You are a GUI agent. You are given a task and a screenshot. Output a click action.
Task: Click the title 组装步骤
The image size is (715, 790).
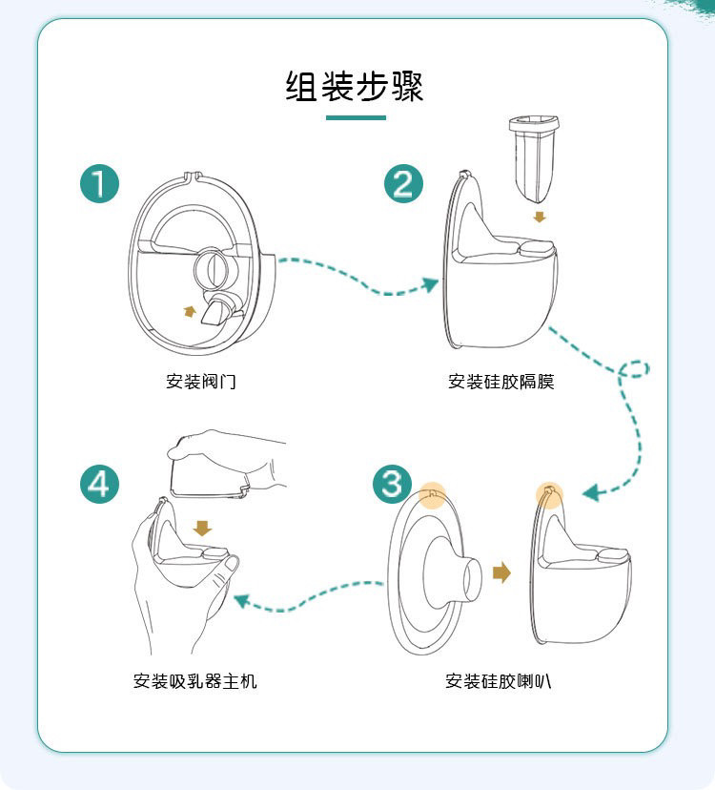pyautogui.click(x=355, y=86)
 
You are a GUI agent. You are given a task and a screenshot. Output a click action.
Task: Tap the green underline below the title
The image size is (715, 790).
pyautogui.click(x=356, y=118)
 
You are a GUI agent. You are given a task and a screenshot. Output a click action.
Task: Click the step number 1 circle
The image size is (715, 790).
pyautogui.click(x=100, y=183)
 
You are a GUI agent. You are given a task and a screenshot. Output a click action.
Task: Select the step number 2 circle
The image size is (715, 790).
pyautogui.click(x=403, y=183)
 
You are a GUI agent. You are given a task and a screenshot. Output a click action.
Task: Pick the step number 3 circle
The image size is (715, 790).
pyautogui.click(x=392, y=484)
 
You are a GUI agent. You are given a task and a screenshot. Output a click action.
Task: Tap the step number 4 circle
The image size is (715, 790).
pyautogui.click(x=100, y=484)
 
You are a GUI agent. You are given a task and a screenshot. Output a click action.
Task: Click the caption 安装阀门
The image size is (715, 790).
pyautogui.click(x=201, y=382)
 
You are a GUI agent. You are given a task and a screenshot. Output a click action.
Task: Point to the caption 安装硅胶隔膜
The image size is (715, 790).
pyautogui.click(x=501, y=382)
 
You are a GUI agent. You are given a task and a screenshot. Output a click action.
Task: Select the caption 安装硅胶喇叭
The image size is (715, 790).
pyautogui.click(x=498, y=681)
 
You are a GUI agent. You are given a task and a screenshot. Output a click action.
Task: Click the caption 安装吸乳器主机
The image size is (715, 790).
pyautogui.click(x=195, y=681)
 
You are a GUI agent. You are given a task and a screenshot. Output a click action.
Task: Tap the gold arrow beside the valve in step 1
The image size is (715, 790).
pyautogui.click(x=190, y=311)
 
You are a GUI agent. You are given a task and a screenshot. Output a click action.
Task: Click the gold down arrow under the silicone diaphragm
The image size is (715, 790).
pyautogui.click(x=540, y=218)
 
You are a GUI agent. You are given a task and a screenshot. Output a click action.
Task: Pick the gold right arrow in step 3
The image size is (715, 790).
pyautogui.click(x=502, y=572)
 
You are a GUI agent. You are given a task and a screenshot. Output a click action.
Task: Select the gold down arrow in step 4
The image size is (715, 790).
pyautogui.click(x=202, y=529)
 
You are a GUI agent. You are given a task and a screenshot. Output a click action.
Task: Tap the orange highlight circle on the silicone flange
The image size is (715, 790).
pyautogui.click(x=433, y=496)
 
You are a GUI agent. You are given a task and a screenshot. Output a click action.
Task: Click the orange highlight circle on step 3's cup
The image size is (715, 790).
pyautogui.click(x=549, y=495)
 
